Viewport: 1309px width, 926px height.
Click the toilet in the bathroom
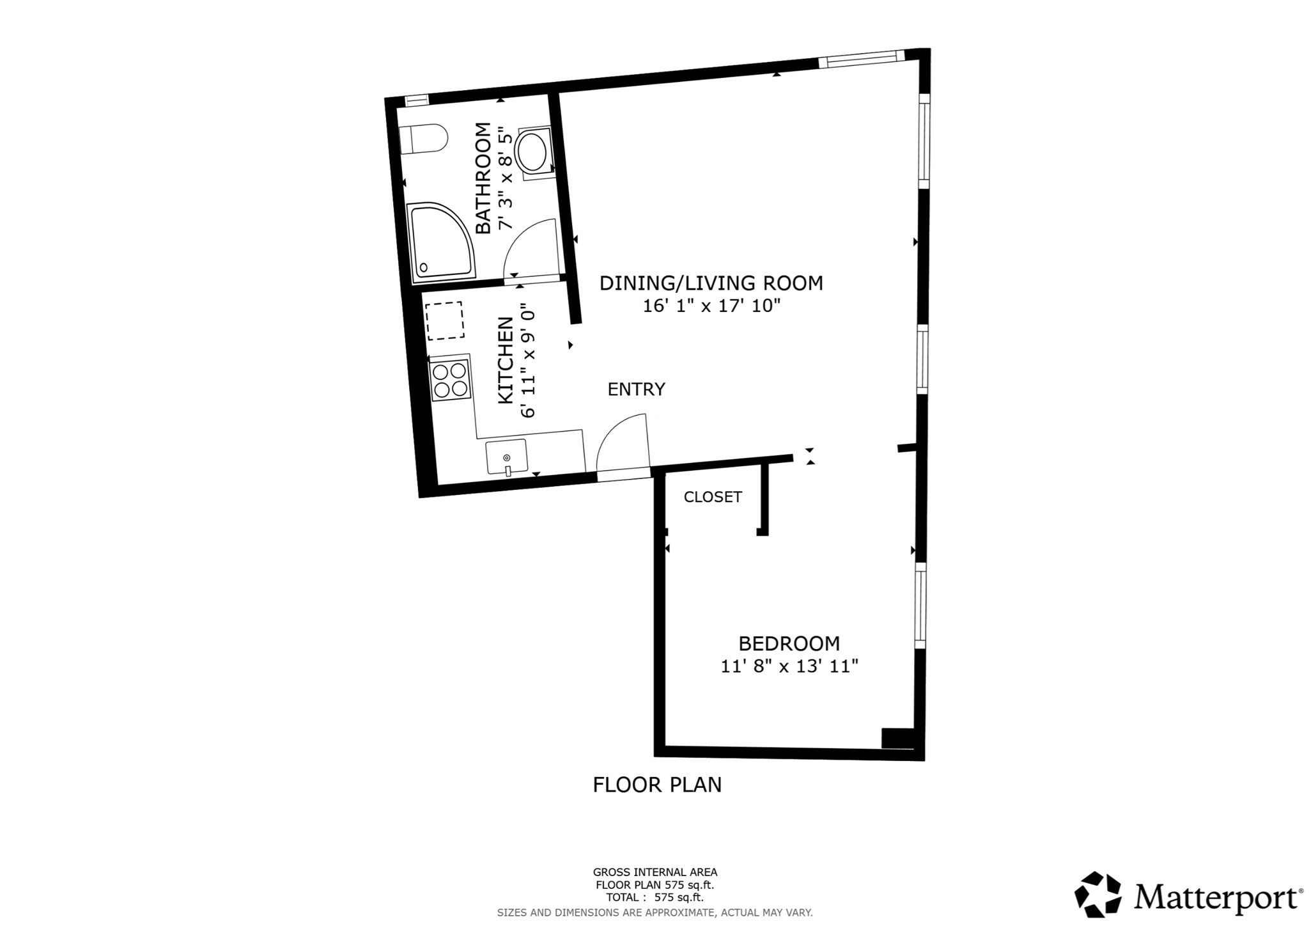point(422,139)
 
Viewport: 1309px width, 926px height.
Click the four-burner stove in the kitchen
point(449,380)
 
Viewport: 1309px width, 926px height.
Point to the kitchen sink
point(506,457)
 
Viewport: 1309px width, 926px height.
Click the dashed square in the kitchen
point(444,321)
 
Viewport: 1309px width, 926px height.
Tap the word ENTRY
point(636,389)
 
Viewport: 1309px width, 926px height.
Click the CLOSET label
point(713,497)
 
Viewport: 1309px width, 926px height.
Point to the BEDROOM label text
point(789,643)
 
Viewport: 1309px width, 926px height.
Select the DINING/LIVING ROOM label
point(711,283)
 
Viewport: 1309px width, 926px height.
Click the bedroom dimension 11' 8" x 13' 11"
point(789,666)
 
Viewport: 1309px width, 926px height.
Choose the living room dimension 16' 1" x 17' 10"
point(711,306)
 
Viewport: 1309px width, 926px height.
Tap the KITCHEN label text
point(506,361)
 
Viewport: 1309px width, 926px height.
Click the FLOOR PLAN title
point(657,785)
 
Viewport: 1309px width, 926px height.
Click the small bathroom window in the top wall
point(417,100)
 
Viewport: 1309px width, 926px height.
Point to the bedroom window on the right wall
point(920,606)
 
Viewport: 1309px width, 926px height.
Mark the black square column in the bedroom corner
point(897,738)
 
